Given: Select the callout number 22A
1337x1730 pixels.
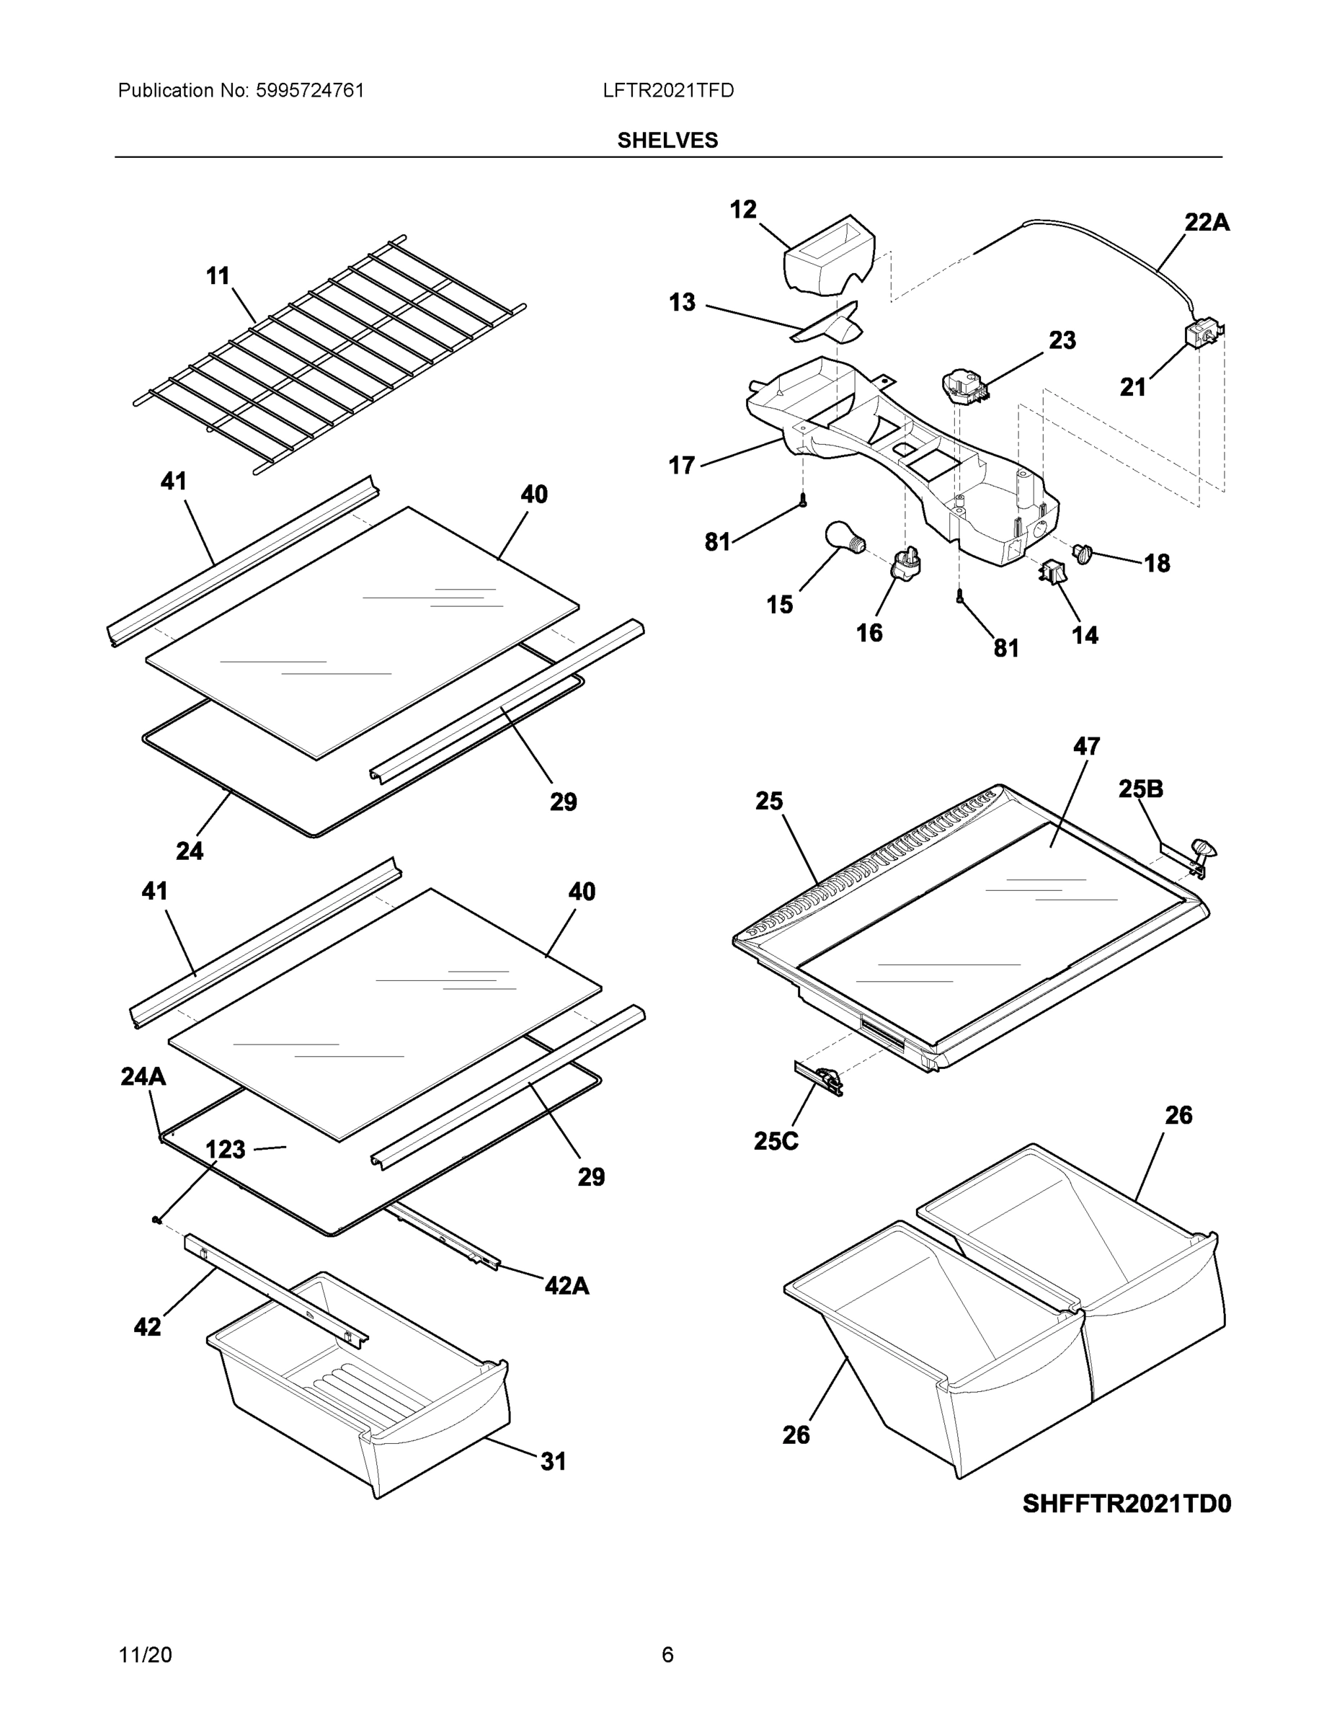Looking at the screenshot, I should [x=1207, y=223].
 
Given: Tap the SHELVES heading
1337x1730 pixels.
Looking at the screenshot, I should [x=667, y=141].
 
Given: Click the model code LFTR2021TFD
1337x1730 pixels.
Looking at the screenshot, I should [x=667, y=90].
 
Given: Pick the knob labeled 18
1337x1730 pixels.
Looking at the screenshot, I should [x=1081, y=554].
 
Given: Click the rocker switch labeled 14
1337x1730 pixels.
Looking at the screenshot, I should [x=1052, y=572].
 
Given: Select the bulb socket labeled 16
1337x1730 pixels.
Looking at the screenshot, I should [x=907, y=563].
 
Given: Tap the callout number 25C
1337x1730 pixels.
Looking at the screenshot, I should [x=776, y=1140].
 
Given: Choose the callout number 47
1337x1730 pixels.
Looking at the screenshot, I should [x=1086, y=746].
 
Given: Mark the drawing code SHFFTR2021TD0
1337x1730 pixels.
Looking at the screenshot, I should [x=1127, y=1504].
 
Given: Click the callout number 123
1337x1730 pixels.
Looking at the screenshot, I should [x=225, y=1150].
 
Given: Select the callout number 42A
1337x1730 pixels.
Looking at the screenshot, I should [x=567, y=1285].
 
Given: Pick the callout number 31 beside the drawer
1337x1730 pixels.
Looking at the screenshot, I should [x=553, y=1460].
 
